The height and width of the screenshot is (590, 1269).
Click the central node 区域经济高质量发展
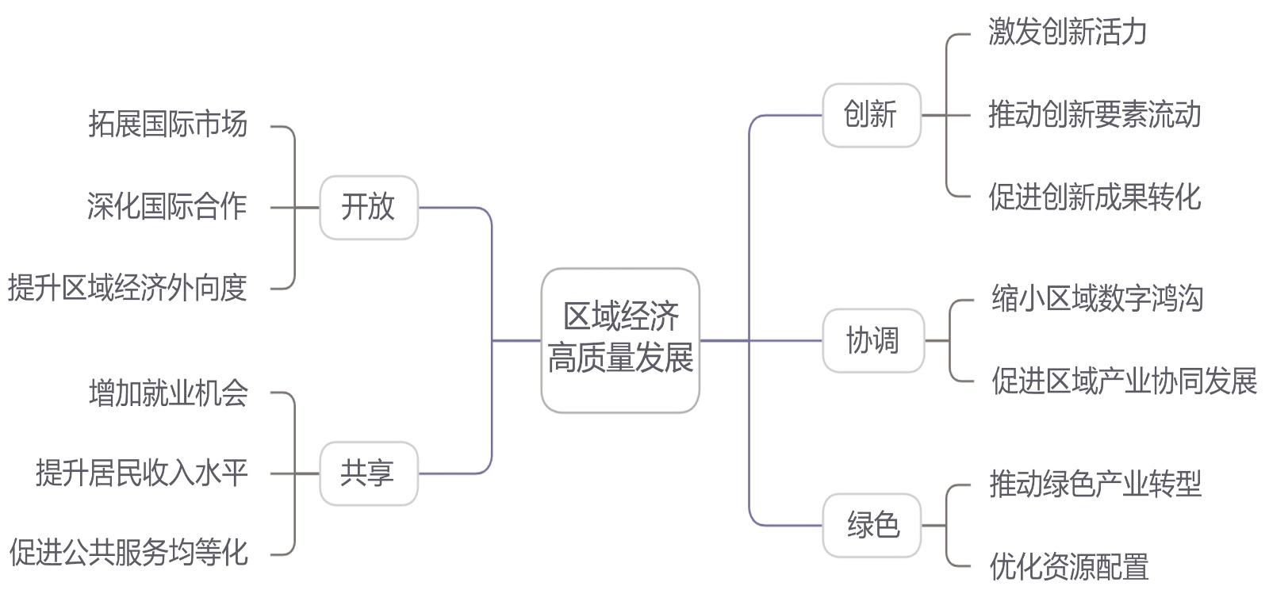tap(620, 339)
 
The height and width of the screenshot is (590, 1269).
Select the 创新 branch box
tap(871, 115)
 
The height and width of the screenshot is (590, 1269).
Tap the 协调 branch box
tap(872, 340)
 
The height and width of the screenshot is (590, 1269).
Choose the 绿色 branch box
tap(872, 525)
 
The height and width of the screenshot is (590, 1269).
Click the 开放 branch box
tap(368, 207)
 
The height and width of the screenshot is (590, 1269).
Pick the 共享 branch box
tap(368, 473)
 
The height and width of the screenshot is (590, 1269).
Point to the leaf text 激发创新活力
tap(1068, 33)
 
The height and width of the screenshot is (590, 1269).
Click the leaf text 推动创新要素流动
tap(1095, 115)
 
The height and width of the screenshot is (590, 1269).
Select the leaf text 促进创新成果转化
tap(1095, 197)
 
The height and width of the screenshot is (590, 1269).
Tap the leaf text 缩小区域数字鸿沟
tap(1098, 299)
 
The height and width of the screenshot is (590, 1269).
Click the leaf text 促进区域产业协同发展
tap(1124, 381)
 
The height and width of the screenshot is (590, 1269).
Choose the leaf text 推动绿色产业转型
tap(1095, 484)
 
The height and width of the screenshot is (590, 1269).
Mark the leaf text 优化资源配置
tap(1069, 566)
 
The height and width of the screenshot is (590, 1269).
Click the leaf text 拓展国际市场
tap(167, 125)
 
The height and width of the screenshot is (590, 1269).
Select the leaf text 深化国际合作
tap(167, 207)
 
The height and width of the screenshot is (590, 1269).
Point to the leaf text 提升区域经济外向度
tap(128, 288)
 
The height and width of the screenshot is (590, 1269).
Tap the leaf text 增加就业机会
tap(168, 393)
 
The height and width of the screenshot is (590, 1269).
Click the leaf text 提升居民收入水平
tap(141, 473)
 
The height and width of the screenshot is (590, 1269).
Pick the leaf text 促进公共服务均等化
tap(128, 553)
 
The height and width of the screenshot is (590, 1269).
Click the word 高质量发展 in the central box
tap(620, 358)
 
